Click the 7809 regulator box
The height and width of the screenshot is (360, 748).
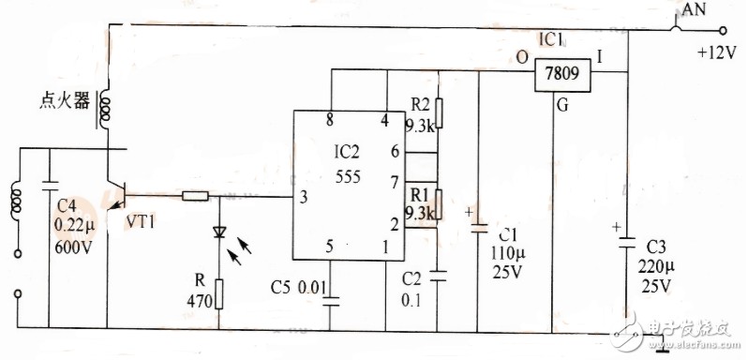(x=562, y=74)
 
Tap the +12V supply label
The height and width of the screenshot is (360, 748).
(x=717, y=53)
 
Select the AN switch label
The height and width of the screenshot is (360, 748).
(x=694, y=9)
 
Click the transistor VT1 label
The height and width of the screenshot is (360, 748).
(x=141, y=222)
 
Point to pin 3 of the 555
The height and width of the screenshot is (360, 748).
(x=304, y=197)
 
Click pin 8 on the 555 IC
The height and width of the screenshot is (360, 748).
(x=329, y=121)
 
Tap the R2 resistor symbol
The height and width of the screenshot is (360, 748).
(x=439, y=113)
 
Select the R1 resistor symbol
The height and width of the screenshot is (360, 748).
(x=439, y=204)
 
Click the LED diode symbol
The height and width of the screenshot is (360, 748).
(x=219, y=232)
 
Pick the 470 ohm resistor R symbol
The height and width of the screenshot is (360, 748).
(x=219, y=293)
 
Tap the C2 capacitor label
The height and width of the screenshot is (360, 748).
(x=412, y=278)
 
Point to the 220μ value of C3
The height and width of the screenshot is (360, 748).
(x=655, y=266)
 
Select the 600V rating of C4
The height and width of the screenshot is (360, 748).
(x=73, y=247)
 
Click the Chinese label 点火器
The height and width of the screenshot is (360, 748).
(x=65, y=101)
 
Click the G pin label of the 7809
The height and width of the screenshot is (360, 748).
(x=563, y=105)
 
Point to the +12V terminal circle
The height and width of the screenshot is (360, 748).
(x=723, y=31)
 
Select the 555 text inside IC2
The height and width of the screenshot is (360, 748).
(x=348, y=177)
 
